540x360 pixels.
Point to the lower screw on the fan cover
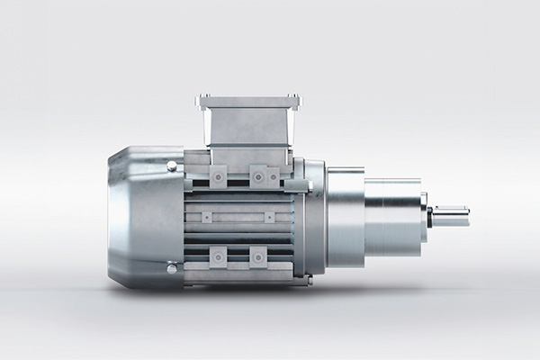[x=171, y=268]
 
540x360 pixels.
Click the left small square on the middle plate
[x=206, y=217]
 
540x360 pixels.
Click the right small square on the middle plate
[x=267, y=217]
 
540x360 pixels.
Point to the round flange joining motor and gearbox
[x=311, y=216]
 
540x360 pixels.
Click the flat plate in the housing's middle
[x=238, y=217]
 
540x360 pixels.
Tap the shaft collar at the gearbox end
[x=429, y=217]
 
